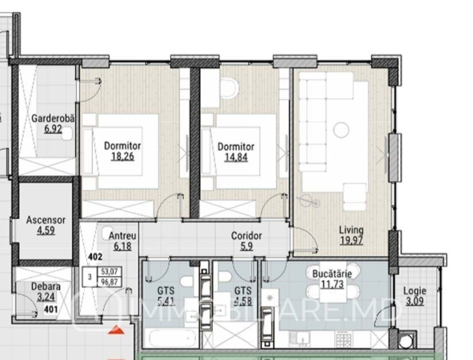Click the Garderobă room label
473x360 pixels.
pos(53,118)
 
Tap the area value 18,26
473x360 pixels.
pos(122,157)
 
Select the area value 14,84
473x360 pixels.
pos(236,157)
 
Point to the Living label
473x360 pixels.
pos(351,230)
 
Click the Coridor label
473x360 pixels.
pos(246,235)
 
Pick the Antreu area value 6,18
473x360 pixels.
pos(122,246)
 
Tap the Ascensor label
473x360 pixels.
pos(45,220)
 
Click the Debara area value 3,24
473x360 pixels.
pos(46,297)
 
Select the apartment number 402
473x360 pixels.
pos(95,257)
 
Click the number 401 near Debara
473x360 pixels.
pos(51,309)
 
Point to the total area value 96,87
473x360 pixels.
pos(109,282)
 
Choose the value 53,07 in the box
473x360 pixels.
pos(109,272)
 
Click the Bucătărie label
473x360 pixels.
pos(332,274)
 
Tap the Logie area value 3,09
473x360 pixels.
pos(415,301)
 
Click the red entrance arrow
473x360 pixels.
pos(117,330)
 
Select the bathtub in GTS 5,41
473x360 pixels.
pos(170,338)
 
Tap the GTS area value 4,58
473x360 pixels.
pos(243,301)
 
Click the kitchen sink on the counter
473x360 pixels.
pos(300,338)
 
